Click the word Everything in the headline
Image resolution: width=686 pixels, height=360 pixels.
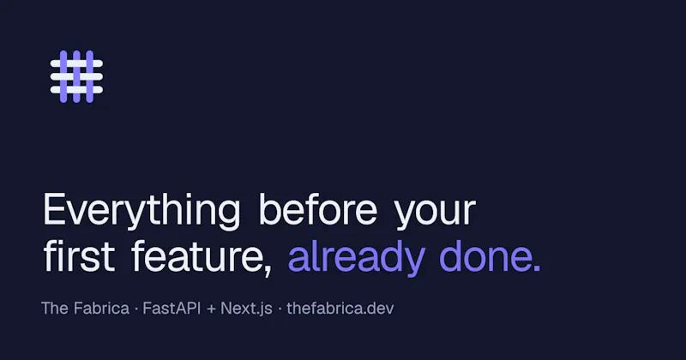141,211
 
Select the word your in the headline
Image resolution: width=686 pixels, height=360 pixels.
436,214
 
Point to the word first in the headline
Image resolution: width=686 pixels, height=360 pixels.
79,255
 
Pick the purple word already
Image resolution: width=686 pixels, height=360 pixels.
357,258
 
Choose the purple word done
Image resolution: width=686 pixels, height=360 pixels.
484,255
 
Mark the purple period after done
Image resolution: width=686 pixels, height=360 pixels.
538,268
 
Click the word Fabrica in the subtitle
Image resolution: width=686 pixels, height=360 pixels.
101,308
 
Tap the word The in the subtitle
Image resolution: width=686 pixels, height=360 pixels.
55,308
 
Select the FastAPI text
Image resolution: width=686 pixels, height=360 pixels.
171,308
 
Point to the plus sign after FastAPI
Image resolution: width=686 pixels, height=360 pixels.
211,309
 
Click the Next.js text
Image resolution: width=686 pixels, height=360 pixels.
246,309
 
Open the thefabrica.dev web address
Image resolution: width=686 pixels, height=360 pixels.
340,308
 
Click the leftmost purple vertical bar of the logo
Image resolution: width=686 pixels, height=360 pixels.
63,76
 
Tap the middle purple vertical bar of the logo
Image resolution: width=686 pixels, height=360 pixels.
76,76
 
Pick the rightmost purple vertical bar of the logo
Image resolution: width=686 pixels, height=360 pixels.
90,76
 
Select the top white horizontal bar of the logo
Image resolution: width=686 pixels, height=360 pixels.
76,63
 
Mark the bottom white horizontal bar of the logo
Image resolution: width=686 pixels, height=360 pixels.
76,90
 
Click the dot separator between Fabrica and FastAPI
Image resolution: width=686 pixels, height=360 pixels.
136,309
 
